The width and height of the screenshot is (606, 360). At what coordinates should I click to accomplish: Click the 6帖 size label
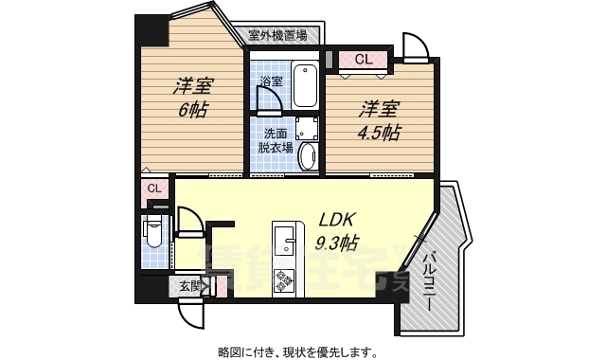tap(192, 108)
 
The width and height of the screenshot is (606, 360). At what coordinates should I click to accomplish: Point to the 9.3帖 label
tap(335, 242)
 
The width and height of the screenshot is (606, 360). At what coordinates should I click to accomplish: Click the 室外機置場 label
tap(277, 36)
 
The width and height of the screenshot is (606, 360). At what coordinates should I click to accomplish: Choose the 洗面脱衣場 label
tap(276, 140)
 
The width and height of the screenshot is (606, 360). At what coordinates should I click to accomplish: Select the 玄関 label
tap(188, 285)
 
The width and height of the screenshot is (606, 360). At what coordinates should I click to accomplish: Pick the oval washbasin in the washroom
tap(308, 155)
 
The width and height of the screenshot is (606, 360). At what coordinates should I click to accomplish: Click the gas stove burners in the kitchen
tap(285, 280)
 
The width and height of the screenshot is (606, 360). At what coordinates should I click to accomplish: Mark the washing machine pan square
tap(306, 129)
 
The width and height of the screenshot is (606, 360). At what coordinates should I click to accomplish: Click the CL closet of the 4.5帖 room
tap(363, 60)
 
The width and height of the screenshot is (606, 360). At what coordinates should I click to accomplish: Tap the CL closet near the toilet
tap(154, 189)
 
